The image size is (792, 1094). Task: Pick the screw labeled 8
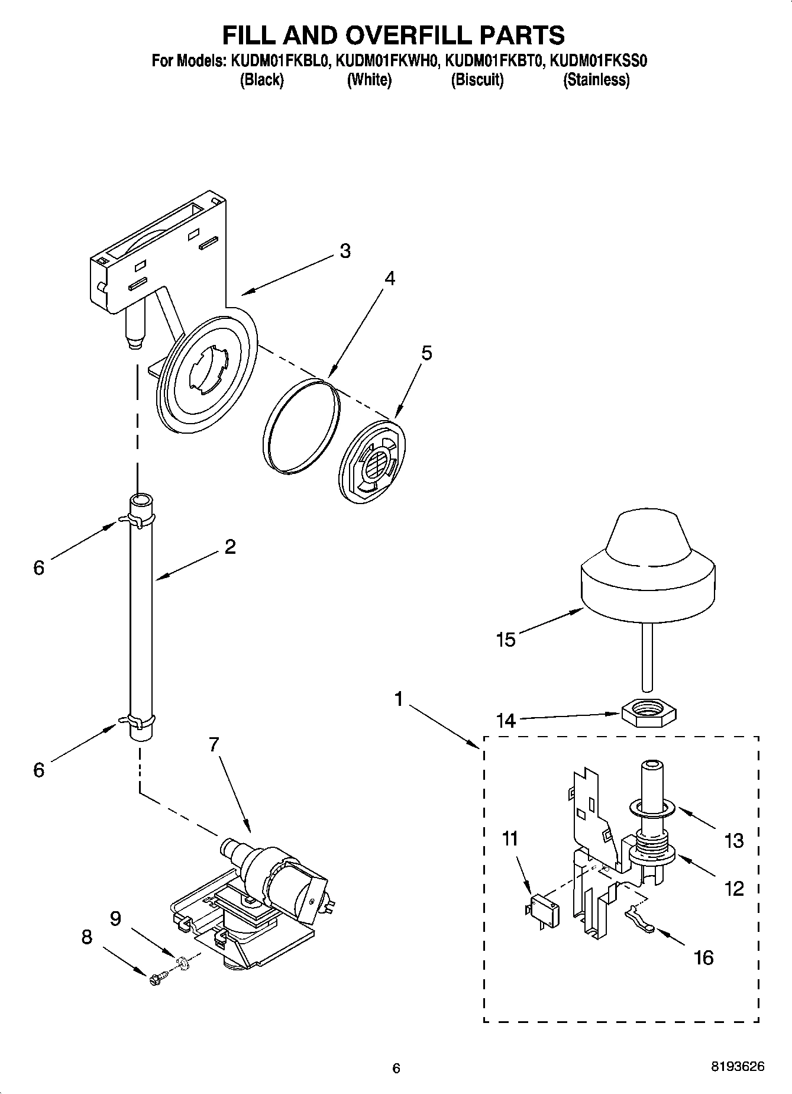(x=157, y=979)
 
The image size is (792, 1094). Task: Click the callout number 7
(x=214, y=744)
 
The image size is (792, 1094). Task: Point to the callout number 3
(x=345, y=251)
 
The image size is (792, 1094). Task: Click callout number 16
(x=703, y=957)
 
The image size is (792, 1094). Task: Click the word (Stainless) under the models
(x=596, y=80)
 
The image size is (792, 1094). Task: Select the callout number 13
(x=734, y=841)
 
